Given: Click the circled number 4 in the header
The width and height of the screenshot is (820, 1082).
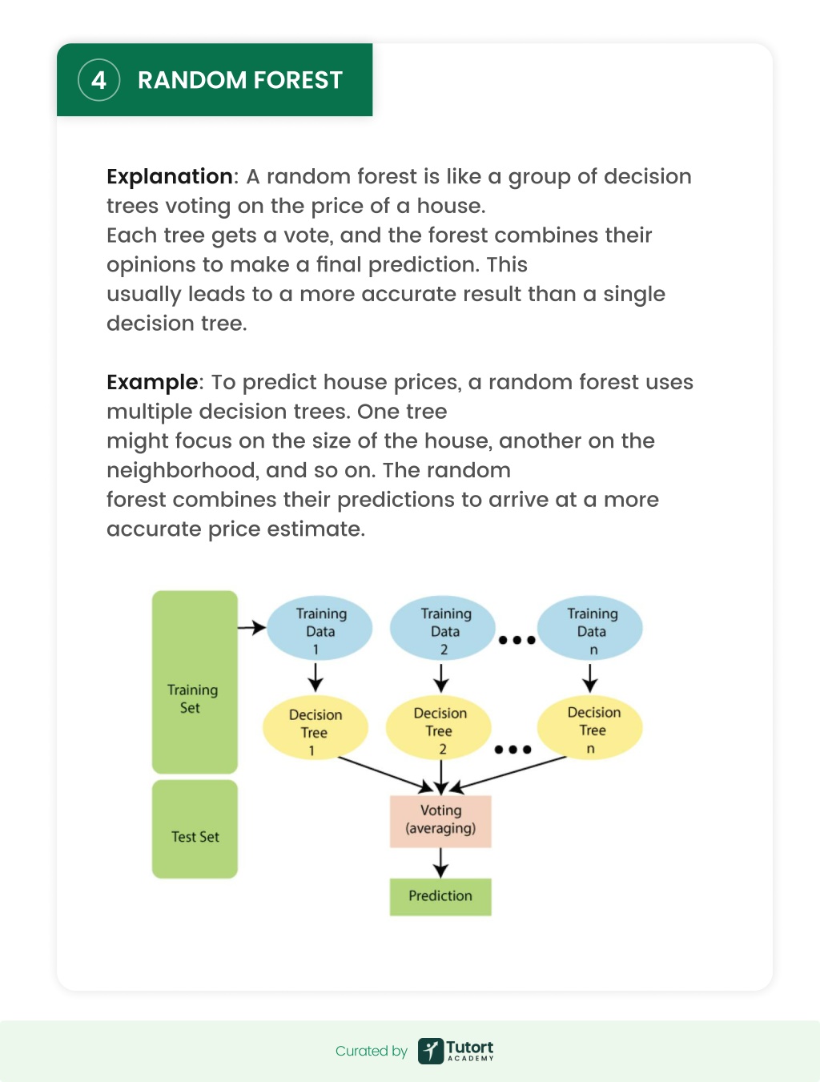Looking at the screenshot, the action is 98,80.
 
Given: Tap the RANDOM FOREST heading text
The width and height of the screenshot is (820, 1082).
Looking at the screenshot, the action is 240,80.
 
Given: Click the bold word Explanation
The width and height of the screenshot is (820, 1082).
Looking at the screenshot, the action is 170,177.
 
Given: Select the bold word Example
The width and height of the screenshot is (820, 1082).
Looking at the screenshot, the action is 152,383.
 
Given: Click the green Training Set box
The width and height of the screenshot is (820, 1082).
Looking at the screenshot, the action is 195,682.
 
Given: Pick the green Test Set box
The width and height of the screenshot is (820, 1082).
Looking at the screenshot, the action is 195,829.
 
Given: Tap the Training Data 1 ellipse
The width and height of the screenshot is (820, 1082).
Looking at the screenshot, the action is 320,628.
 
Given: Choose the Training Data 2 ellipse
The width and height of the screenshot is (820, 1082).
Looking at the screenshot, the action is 443,628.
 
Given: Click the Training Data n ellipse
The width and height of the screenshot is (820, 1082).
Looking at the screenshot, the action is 590,628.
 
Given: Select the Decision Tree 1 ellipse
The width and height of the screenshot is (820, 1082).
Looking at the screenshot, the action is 316,728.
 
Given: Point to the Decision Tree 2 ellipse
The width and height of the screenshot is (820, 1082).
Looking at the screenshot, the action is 439,727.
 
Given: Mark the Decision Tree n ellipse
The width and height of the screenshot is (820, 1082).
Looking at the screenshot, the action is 590,727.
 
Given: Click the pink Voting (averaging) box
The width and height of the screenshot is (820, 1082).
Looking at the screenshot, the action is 440,821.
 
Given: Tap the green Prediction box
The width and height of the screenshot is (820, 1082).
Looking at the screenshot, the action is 440,897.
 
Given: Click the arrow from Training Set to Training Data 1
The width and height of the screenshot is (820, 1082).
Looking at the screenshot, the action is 251,628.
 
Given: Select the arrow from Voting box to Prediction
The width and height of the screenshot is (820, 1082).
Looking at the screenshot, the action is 440,863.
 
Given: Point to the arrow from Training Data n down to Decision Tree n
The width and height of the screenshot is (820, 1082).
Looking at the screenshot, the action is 590,678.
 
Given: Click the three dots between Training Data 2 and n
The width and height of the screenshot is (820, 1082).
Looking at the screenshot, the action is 517,641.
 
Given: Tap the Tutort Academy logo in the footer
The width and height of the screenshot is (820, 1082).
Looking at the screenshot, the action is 456,1051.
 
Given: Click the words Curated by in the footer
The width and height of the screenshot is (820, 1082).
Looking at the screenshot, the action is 372,1051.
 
